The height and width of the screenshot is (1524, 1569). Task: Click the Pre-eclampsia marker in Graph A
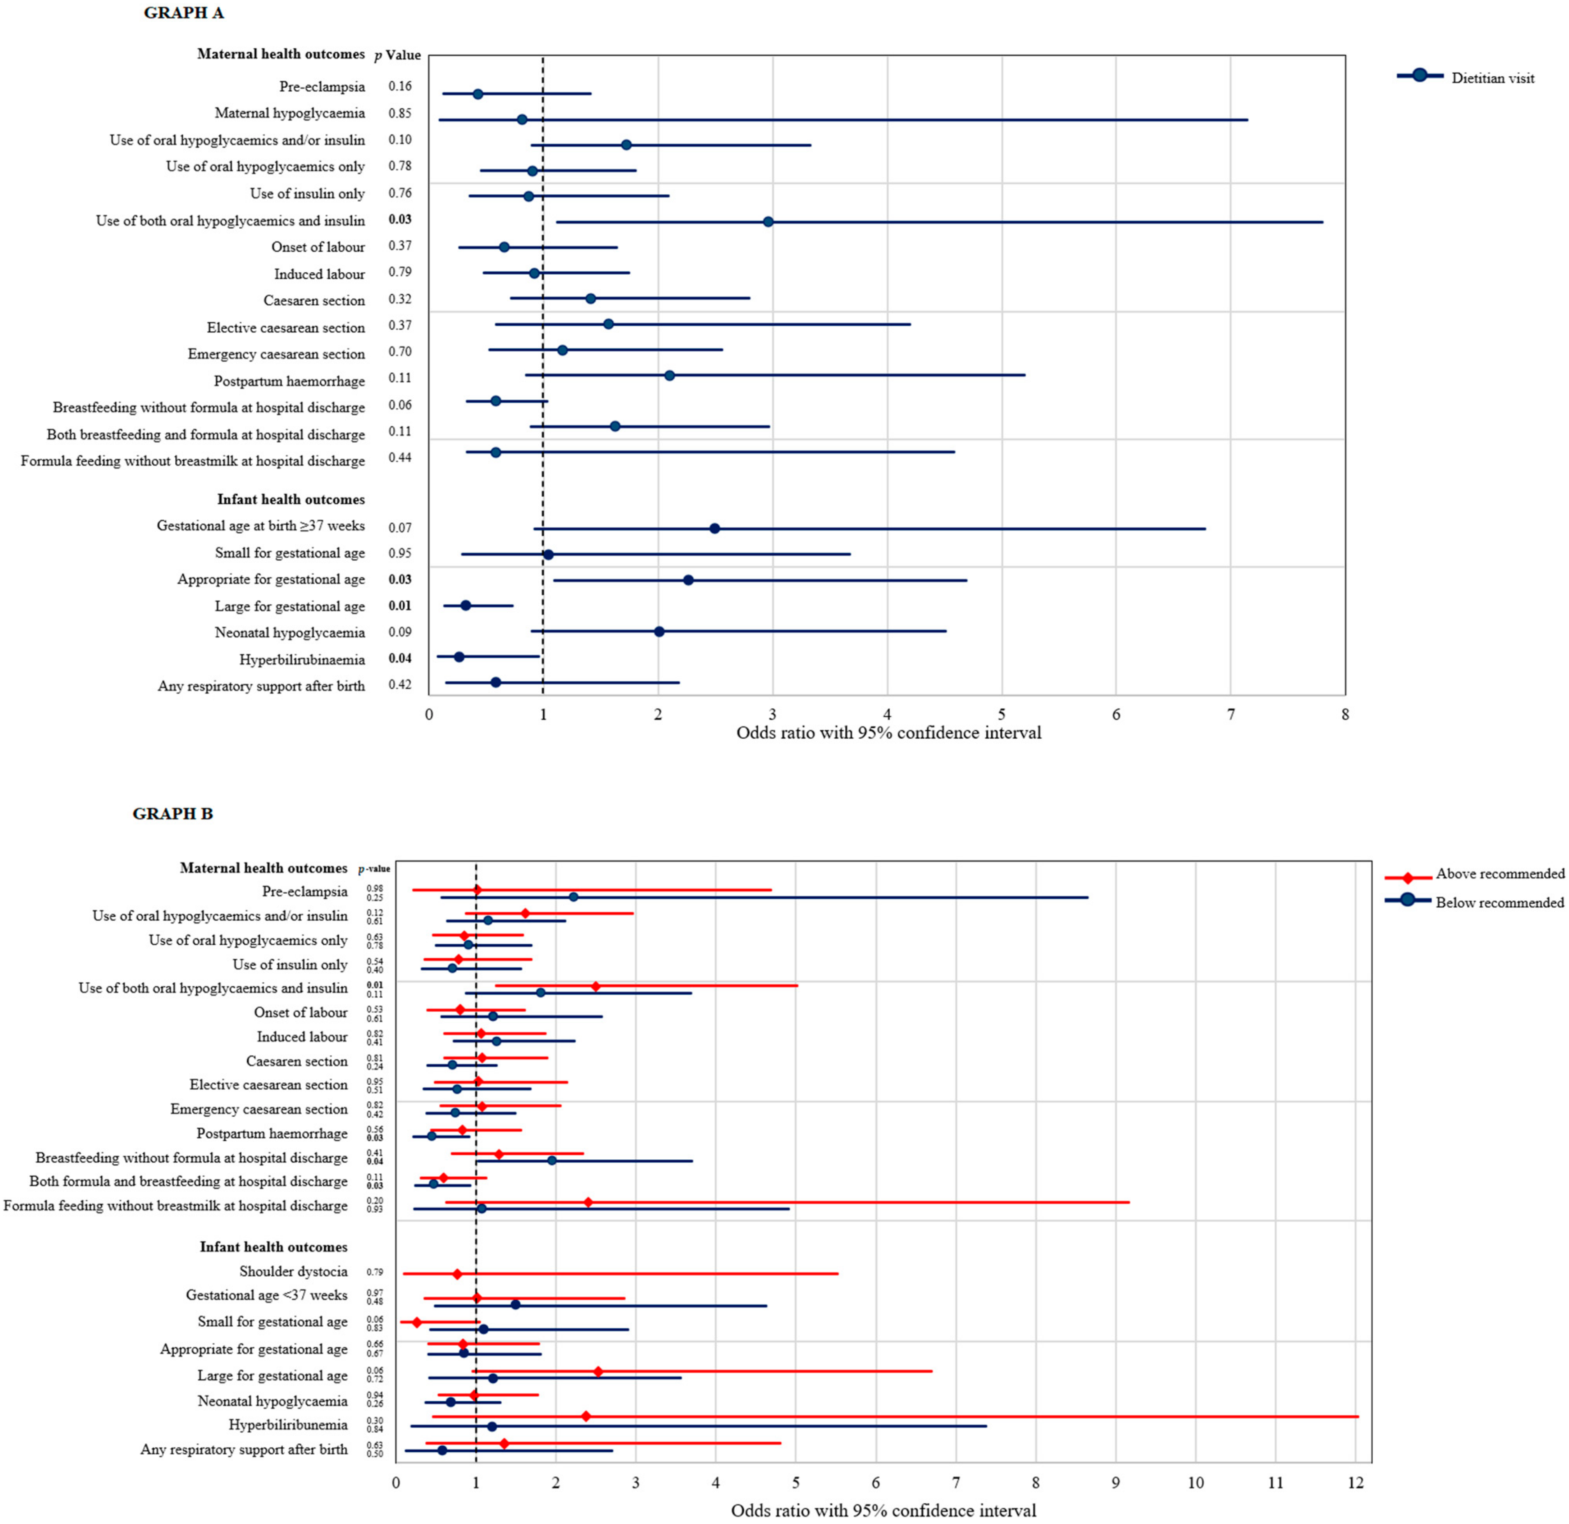click(x=478, y=93)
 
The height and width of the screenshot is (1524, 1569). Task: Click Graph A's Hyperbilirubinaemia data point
click(x=459, y=656)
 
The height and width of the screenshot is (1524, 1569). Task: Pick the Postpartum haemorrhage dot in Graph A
click(x=669, y=376)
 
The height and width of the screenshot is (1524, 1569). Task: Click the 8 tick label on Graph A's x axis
click(x=1345, y=714)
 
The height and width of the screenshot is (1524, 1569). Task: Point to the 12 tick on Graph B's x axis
click(x=1355, y=1482)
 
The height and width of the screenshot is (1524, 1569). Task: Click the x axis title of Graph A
click(x=889, y=733)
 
